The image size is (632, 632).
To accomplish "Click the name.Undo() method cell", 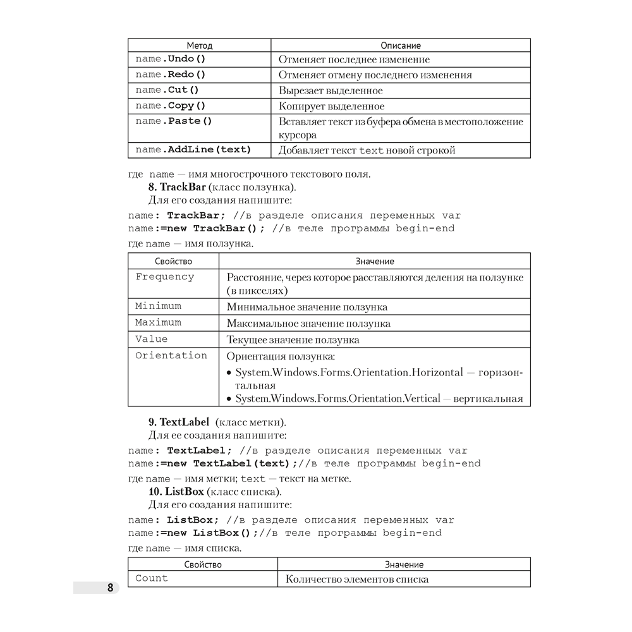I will [171, 59].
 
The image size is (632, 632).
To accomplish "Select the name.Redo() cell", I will [171, 75].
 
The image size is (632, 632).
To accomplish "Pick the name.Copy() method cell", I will [171, 106].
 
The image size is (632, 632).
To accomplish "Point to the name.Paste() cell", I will [174, 121].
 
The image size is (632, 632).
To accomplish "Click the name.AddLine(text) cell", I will [193, 150].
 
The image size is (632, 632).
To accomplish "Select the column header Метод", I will [200, 46].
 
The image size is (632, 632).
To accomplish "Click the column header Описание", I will [401, 46].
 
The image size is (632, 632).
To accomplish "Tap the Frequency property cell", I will [165, 277].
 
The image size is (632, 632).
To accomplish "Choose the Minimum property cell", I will [159, 306].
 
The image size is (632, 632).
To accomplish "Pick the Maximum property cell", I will [159, 322].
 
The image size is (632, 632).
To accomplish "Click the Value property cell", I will [152, 339].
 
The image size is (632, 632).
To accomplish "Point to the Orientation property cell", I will [171, 355].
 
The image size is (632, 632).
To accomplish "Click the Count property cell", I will [152, 578].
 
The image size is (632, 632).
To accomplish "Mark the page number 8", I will [110, 588].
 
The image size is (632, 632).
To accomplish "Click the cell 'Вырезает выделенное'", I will [331, 90].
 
